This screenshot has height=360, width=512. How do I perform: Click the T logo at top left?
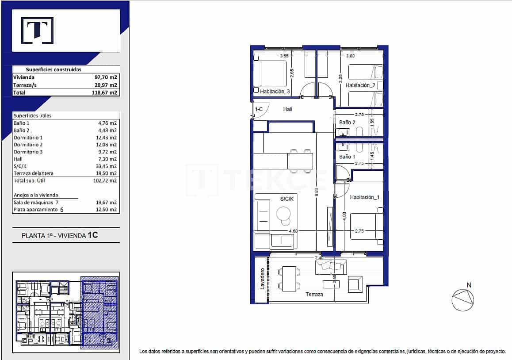tap(38, 31)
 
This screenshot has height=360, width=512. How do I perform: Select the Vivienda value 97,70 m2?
tap(107, 77)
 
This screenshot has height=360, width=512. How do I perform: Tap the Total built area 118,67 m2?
tap(107, 93)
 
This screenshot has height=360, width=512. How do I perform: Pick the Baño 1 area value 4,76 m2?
tap(108, 123)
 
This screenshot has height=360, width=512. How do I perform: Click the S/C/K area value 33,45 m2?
tap(107, 166)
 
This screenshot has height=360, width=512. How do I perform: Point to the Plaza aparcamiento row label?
tap(35, 210)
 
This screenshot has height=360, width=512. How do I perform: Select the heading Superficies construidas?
tap(53, 69)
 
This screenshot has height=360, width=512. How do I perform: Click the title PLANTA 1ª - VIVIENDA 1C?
tap(60, 236)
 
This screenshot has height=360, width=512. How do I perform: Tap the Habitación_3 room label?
tap(275, 92)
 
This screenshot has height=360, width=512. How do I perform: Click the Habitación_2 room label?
tap(360, 85)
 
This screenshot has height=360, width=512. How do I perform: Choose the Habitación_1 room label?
tap(364, 197)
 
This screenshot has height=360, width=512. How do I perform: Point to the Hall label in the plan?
tap(287, 109)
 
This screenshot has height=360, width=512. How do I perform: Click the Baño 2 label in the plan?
tap(347, 123)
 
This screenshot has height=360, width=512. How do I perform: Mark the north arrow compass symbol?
tap(462, 300)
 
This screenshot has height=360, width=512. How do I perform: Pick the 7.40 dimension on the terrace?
tap(319, 257)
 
